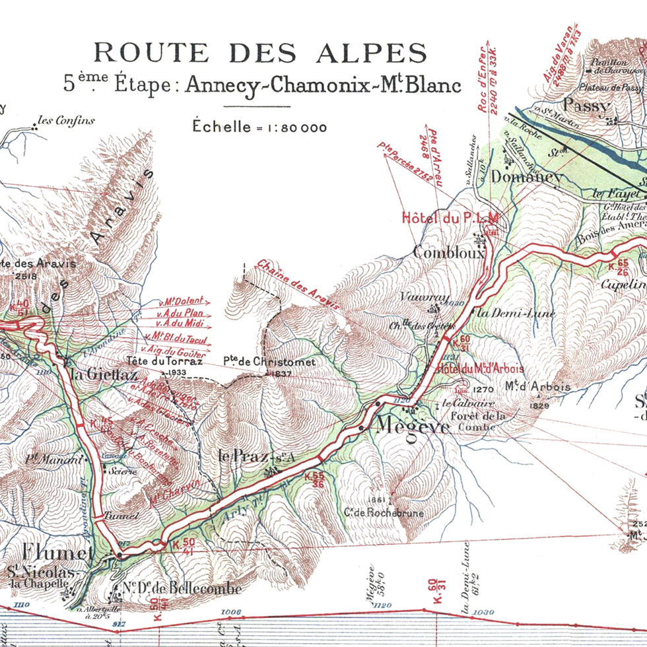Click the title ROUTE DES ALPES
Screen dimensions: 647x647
click(259, 53)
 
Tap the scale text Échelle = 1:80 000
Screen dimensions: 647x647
click(259, 127)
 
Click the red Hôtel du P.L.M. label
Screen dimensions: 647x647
click(450, 217)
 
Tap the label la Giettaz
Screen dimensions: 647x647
click(103, 374)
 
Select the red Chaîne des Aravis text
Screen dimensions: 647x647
click(298, 285)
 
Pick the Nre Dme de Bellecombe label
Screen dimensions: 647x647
click(172, 588)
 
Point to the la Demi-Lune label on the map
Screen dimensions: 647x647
click(507, 314)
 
